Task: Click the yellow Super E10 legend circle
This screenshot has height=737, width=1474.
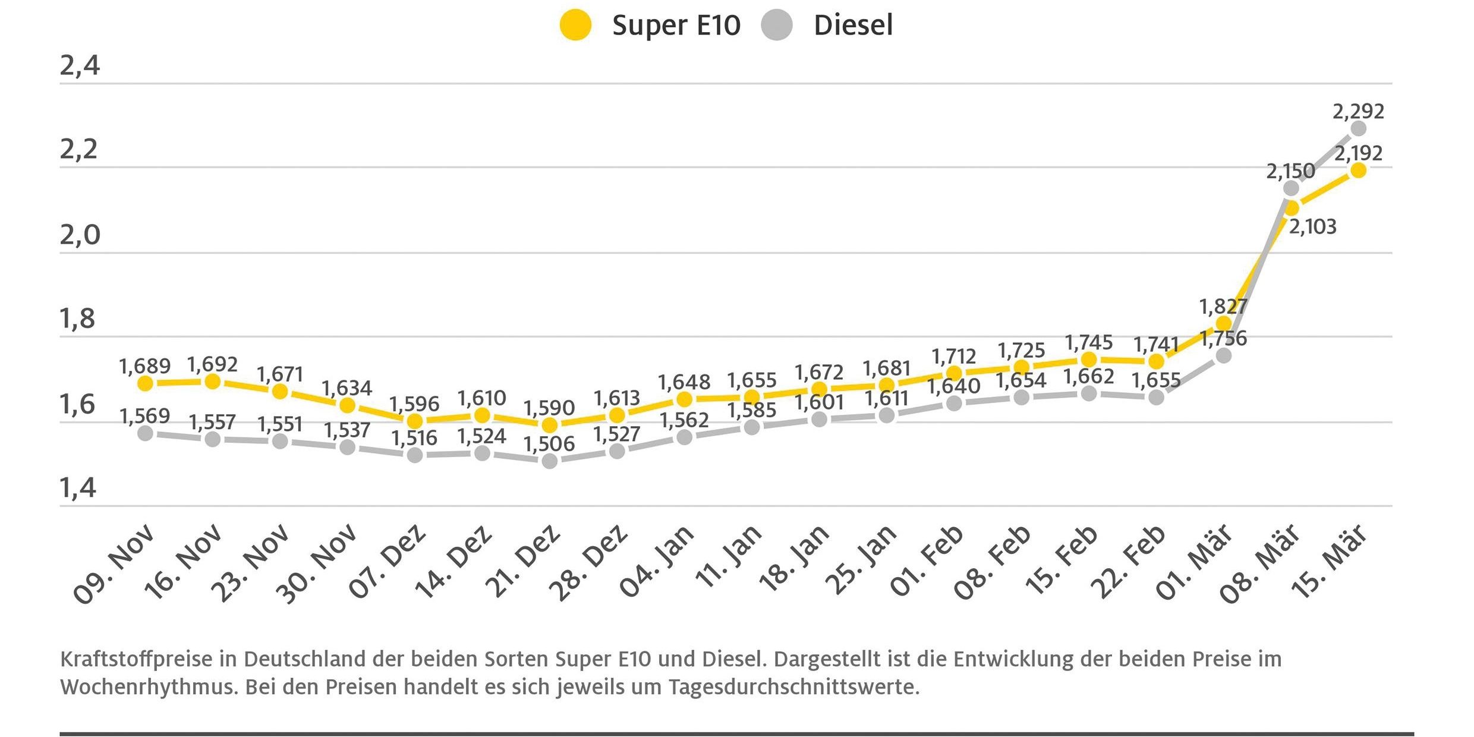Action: point(575,25)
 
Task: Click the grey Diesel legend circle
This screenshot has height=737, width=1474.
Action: point(777,25)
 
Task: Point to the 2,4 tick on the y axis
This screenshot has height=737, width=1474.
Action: point(80,65)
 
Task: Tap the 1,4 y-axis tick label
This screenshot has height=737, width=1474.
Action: point(78,488)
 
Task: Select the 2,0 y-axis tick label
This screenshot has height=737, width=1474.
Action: point(80,235)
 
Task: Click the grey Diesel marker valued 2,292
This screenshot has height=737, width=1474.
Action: point(1358,128)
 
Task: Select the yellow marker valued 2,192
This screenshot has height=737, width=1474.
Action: point(1358,171)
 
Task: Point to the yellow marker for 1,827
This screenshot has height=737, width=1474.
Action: point(1224,323)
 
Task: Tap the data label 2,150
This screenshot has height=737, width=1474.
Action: point(1290,171)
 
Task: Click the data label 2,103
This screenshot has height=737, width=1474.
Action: point(1312,226)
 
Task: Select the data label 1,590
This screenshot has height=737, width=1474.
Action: point(549,408)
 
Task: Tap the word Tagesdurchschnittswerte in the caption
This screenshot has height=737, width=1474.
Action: point(793,687)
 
